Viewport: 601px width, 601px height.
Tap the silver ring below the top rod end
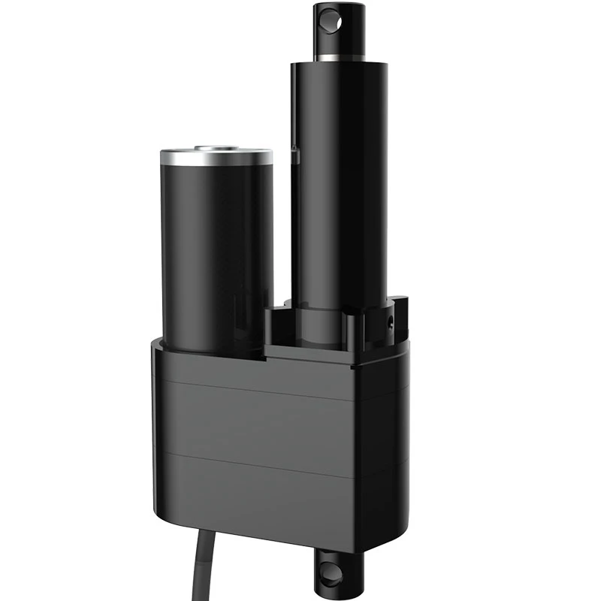click(x=340, y=57)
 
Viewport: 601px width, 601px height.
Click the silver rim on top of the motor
click(x=216, y=157)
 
